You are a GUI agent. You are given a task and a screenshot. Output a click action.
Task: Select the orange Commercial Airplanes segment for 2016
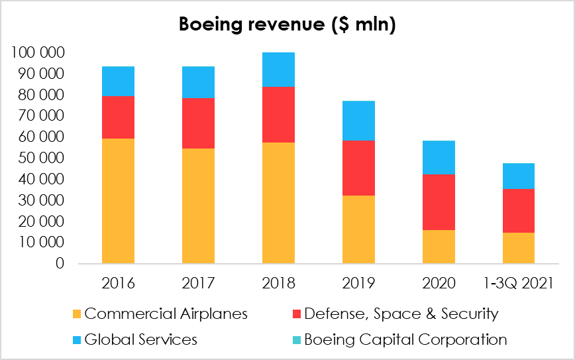pos(118,200)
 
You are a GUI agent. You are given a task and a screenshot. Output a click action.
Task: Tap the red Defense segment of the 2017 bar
pos(198,123)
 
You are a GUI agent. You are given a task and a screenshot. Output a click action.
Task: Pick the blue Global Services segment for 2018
pos(278,70)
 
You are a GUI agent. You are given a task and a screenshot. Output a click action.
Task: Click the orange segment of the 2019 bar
pos(358,229)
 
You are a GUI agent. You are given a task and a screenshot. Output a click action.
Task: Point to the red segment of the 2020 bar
pos(439,202)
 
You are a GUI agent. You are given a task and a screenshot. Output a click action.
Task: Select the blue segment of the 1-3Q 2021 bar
pos(519,176)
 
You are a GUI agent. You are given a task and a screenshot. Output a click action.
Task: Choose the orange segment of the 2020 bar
pos(439,247)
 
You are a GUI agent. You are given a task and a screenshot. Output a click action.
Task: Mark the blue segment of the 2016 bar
pos(118,81)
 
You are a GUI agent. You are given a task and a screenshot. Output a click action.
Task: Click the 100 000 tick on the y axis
pos(38,52)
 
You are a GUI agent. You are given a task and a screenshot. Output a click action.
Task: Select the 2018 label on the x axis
pos(278,283)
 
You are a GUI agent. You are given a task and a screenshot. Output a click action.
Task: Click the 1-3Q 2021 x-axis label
pos(519,283)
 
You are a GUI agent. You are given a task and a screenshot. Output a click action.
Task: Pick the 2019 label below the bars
pos(358,283)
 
